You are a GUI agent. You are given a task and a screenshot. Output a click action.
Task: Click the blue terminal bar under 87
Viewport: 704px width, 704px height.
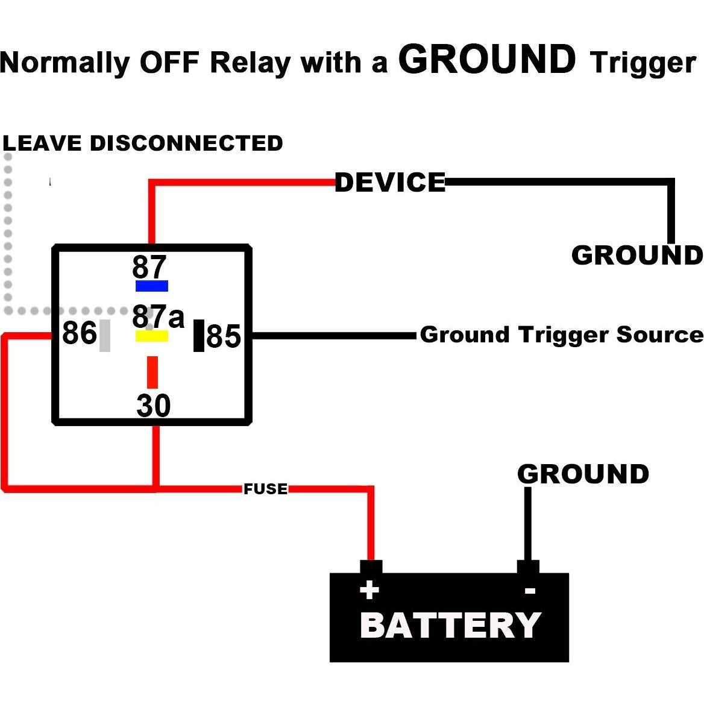[x=151, y=286]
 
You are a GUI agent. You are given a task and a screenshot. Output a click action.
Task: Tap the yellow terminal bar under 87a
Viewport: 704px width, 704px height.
[x=151, y=336]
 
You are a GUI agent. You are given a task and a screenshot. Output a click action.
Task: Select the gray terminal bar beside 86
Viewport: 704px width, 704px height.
[x=105, y=336]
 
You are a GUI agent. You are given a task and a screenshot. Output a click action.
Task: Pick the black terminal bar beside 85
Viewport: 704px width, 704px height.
[x=198, y=336]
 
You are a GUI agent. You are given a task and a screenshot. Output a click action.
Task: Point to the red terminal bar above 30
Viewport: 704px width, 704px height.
[x=152, y=372]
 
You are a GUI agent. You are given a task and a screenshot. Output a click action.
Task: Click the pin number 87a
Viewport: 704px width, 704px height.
[x=158, y=316]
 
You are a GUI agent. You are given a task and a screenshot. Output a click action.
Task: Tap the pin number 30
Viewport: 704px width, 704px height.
[x=154, y=406]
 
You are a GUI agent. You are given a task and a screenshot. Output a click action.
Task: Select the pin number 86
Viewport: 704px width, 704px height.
[x=79, y=333]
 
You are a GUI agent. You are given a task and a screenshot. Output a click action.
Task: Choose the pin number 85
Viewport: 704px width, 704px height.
[x=224, y=336]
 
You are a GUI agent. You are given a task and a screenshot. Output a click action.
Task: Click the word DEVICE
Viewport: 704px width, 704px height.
[x=390, y=182]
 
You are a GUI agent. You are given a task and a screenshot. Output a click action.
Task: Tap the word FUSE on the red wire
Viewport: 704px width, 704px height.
[x=265, y=489]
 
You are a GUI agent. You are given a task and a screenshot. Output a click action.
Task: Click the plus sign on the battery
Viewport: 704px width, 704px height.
[x=369, y=589]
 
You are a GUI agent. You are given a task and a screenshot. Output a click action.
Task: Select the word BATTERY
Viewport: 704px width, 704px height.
[x=450, y=625]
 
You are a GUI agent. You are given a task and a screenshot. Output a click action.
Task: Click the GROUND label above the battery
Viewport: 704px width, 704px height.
[x=583, y=474]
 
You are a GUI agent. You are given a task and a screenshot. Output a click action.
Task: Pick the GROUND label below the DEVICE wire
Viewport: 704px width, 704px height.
[x=636, y=256]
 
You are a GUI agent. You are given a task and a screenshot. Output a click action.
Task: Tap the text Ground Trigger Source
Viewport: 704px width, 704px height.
[x=561, y=335]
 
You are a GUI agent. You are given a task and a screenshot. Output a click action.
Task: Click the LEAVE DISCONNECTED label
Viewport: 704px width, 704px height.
[x=143, y=143]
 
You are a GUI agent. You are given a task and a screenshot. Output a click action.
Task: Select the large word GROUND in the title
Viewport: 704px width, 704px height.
[x=487, y=60]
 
